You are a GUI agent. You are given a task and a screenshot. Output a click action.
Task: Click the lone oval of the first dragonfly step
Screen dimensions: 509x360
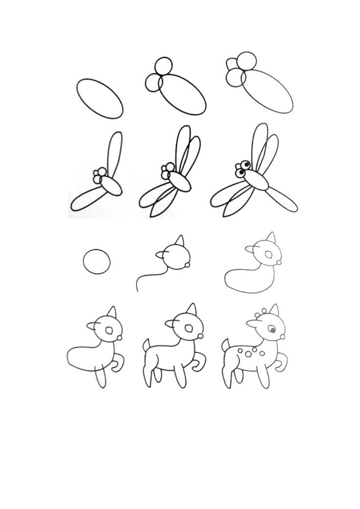click(100, 98)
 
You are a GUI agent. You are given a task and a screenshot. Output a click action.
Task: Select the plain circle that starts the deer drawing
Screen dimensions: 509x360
click(97, 261)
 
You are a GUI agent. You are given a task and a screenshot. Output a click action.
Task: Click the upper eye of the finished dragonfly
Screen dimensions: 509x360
click(246, 165)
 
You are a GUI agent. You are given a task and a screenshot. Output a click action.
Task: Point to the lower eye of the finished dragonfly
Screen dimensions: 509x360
click(240, 173)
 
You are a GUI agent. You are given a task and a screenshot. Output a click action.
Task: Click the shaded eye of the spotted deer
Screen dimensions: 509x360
click(272, 329)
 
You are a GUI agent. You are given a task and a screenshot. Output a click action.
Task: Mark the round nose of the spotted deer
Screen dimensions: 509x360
click(282, 336)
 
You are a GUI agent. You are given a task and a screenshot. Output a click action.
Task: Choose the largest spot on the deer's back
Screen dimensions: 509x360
click(248, 354)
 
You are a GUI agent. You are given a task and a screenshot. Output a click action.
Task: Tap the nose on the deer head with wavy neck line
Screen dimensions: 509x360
click(187, 265)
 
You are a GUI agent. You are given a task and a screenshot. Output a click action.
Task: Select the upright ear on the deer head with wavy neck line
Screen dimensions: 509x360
click(180, 241)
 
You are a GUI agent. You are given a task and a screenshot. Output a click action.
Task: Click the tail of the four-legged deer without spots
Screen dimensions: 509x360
click(146, 345)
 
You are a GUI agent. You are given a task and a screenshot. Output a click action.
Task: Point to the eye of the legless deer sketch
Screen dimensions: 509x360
click(269, 255)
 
